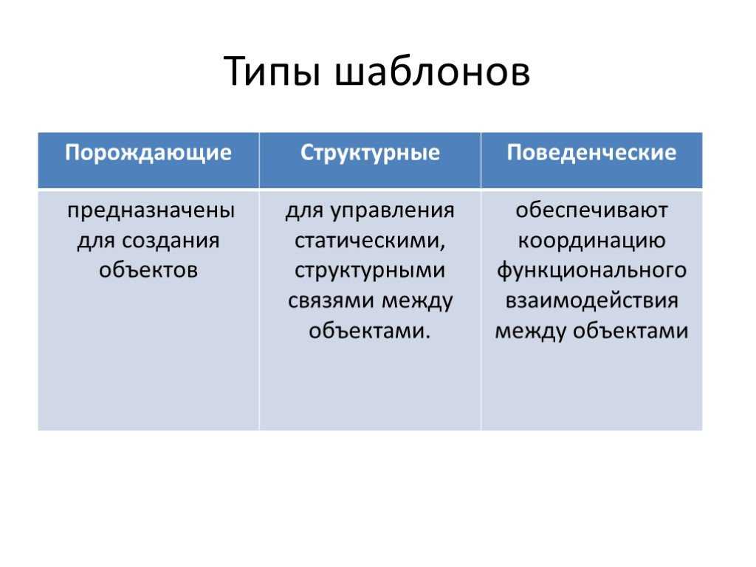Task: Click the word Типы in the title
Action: [x=272, y=72]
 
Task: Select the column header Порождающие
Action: [x=148, y=154]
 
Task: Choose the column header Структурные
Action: [x=370, y=154]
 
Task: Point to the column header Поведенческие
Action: [x=591, y=153]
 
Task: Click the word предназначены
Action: [x=151, y=211]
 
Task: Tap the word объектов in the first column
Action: [x=148, y=270]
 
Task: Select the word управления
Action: [x=393, y=211]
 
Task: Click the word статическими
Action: [x=370, y=241]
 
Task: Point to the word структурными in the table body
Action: [x=370, y=271]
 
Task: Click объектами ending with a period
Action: [x=370, y=330]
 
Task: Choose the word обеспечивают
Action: [x=591, y=210]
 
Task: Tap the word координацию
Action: [x=591, y=241]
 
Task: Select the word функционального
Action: [x=591, y=271]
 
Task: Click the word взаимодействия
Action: [x=591, y=301]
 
